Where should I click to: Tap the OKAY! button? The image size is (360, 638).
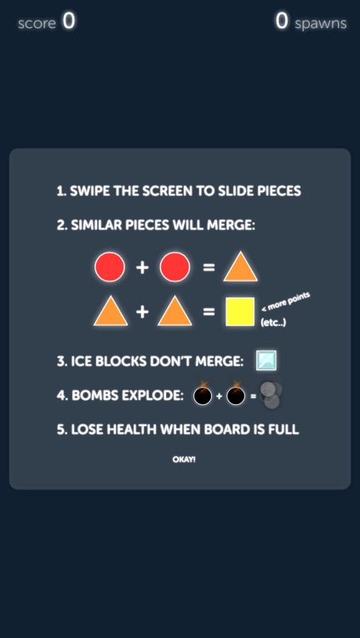point(184,459)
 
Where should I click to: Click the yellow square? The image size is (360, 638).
point(240,311)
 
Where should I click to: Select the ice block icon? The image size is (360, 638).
point(266,361)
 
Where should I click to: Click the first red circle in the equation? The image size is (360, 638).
point(110,267)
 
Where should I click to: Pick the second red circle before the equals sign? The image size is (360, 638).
point(174,267)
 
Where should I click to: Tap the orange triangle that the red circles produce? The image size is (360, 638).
point(240,267)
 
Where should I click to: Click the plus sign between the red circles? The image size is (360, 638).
point(142,268)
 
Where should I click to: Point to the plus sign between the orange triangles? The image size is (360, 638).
point(142,312)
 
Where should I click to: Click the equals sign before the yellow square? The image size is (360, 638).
point(209,312)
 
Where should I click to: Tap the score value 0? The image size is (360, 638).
point(69,22)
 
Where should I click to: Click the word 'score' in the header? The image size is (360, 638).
point(37,24)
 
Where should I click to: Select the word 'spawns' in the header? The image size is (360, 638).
point(321,24)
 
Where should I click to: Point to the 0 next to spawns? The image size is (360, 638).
point(282,22)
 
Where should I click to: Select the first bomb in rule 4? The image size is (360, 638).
point(203,396)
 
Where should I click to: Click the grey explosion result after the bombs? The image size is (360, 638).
point(271,396)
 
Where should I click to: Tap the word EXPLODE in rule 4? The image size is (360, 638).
point(156,396)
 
